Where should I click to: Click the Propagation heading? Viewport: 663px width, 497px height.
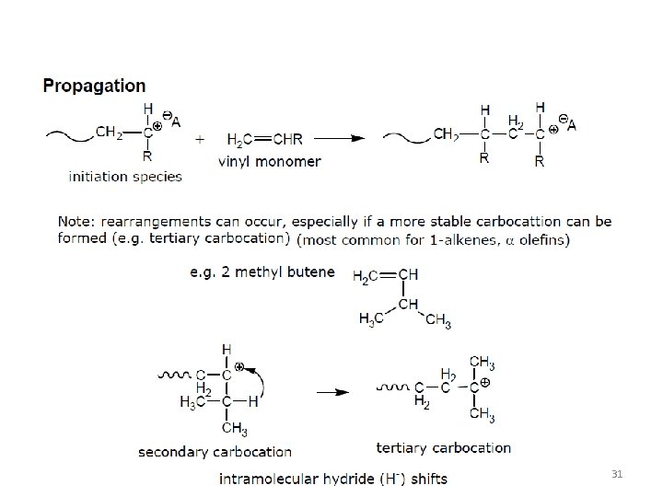tap(95, 86)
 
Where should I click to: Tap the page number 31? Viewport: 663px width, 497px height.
tap(618, 473)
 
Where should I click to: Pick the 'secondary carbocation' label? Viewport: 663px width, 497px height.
tap(215, 451)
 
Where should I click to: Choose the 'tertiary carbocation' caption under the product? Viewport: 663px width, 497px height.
tap(444, 447)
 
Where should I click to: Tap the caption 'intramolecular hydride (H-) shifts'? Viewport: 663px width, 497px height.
tap(333, 479)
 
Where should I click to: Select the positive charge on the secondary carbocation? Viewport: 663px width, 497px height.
tap(238, 366)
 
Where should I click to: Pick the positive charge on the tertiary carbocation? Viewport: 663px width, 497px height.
tap(484, 380)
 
